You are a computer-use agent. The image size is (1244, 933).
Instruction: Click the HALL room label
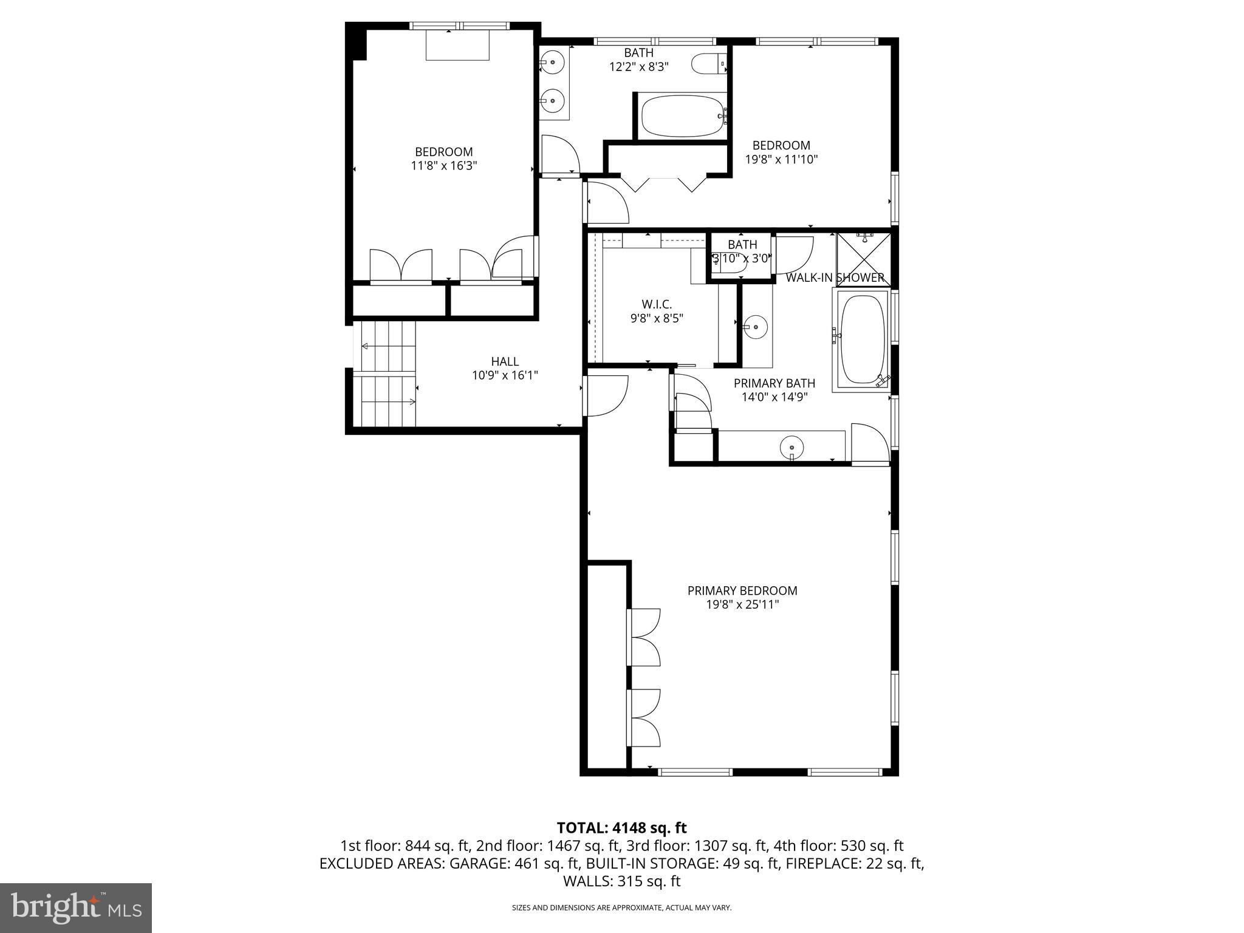pos(505,361)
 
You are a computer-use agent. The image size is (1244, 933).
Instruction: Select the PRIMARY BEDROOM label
pos(742,590)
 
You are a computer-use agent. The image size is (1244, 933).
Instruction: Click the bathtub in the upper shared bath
pos(682,115)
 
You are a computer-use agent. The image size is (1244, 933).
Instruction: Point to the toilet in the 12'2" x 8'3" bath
pos(708,63)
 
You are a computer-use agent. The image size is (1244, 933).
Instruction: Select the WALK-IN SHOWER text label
pos(835,278)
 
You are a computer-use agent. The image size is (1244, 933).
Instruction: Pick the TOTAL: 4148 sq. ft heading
pos(621,827)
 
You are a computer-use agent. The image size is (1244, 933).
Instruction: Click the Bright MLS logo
pos(76,907)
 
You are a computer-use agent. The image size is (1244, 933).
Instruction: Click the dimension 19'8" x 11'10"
pos(781,160)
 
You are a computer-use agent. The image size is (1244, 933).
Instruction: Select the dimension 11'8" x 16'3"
pos(443,165)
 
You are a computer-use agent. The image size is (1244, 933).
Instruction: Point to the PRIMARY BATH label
pos(774,383)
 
